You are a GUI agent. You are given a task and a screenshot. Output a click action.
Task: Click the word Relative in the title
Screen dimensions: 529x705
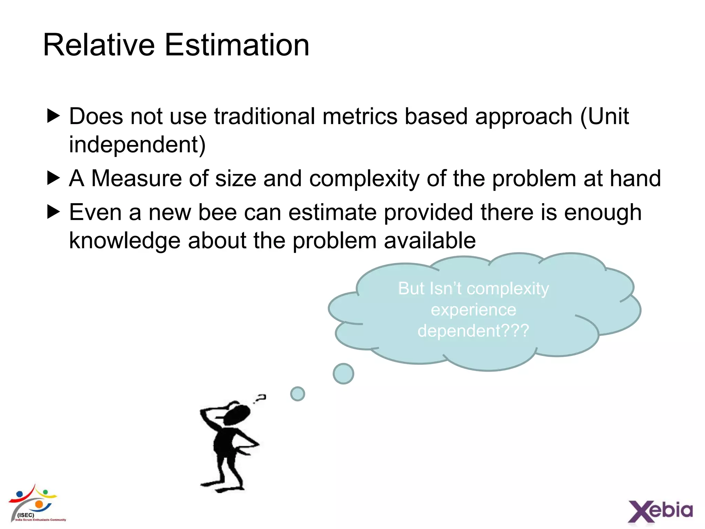(99, 45)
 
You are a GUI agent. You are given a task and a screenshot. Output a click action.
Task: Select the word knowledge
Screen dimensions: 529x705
(125, 240)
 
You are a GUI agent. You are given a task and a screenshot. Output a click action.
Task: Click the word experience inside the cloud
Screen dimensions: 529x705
(473, 310)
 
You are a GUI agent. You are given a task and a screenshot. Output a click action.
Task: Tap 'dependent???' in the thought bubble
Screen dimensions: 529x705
(473, 331)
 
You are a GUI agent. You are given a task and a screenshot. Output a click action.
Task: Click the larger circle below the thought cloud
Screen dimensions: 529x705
(343, 374)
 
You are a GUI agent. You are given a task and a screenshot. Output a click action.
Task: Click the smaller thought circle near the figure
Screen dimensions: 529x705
(297, 394)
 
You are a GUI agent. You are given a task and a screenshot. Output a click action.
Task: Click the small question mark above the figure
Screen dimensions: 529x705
(261, 398)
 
